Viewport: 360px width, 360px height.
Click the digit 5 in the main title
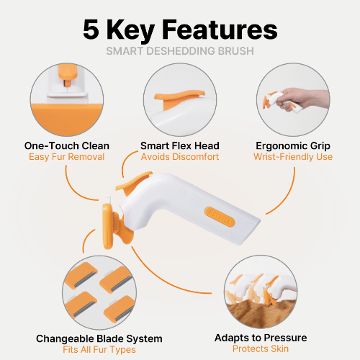(x=91, y=30)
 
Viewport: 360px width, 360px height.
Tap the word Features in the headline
(x=220, y=30)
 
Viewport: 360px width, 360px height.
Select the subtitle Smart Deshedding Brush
(x=180, y=51)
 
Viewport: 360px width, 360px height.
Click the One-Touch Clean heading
(x=67, y=145)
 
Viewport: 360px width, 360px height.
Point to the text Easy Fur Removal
(x=67, y=157)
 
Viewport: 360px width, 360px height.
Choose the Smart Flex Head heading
(x=180, y=145)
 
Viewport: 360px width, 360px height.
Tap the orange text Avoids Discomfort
(x=180, y=157)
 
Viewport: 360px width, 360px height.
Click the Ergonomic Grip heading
(x=293, y=146)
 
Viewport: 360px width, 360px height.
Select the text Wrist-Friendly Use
(x=293, y=157)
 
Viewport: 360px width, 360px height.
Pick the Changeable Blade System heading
(x=99, y=339)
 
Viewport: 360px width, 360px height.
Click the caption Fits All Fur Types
(x=99, y=350)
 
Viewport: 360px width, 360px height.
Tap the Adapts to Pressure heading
(x=261, y=338)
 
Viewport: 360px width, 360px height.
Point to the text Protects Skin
(x=261, y=348)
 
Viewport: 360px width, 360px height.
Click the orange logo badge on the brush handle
(x=220, y=217)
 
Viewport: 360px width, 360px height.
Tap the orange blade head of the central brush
(x=107, y=226)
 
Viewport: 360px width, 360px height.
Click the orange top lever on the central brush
(x=134, y=181)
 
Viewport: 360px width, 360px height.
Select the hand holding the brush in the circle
(x=302, y=99)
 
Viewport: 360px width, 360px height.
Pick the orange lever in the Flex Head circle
(x=179, y=97)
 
